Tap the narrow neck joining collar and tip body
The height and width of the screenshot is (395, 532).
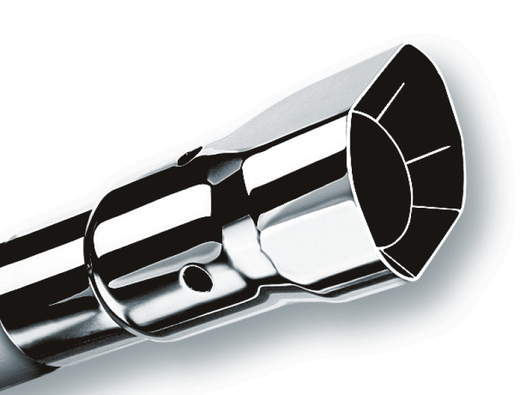click(x=233, y=220)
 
